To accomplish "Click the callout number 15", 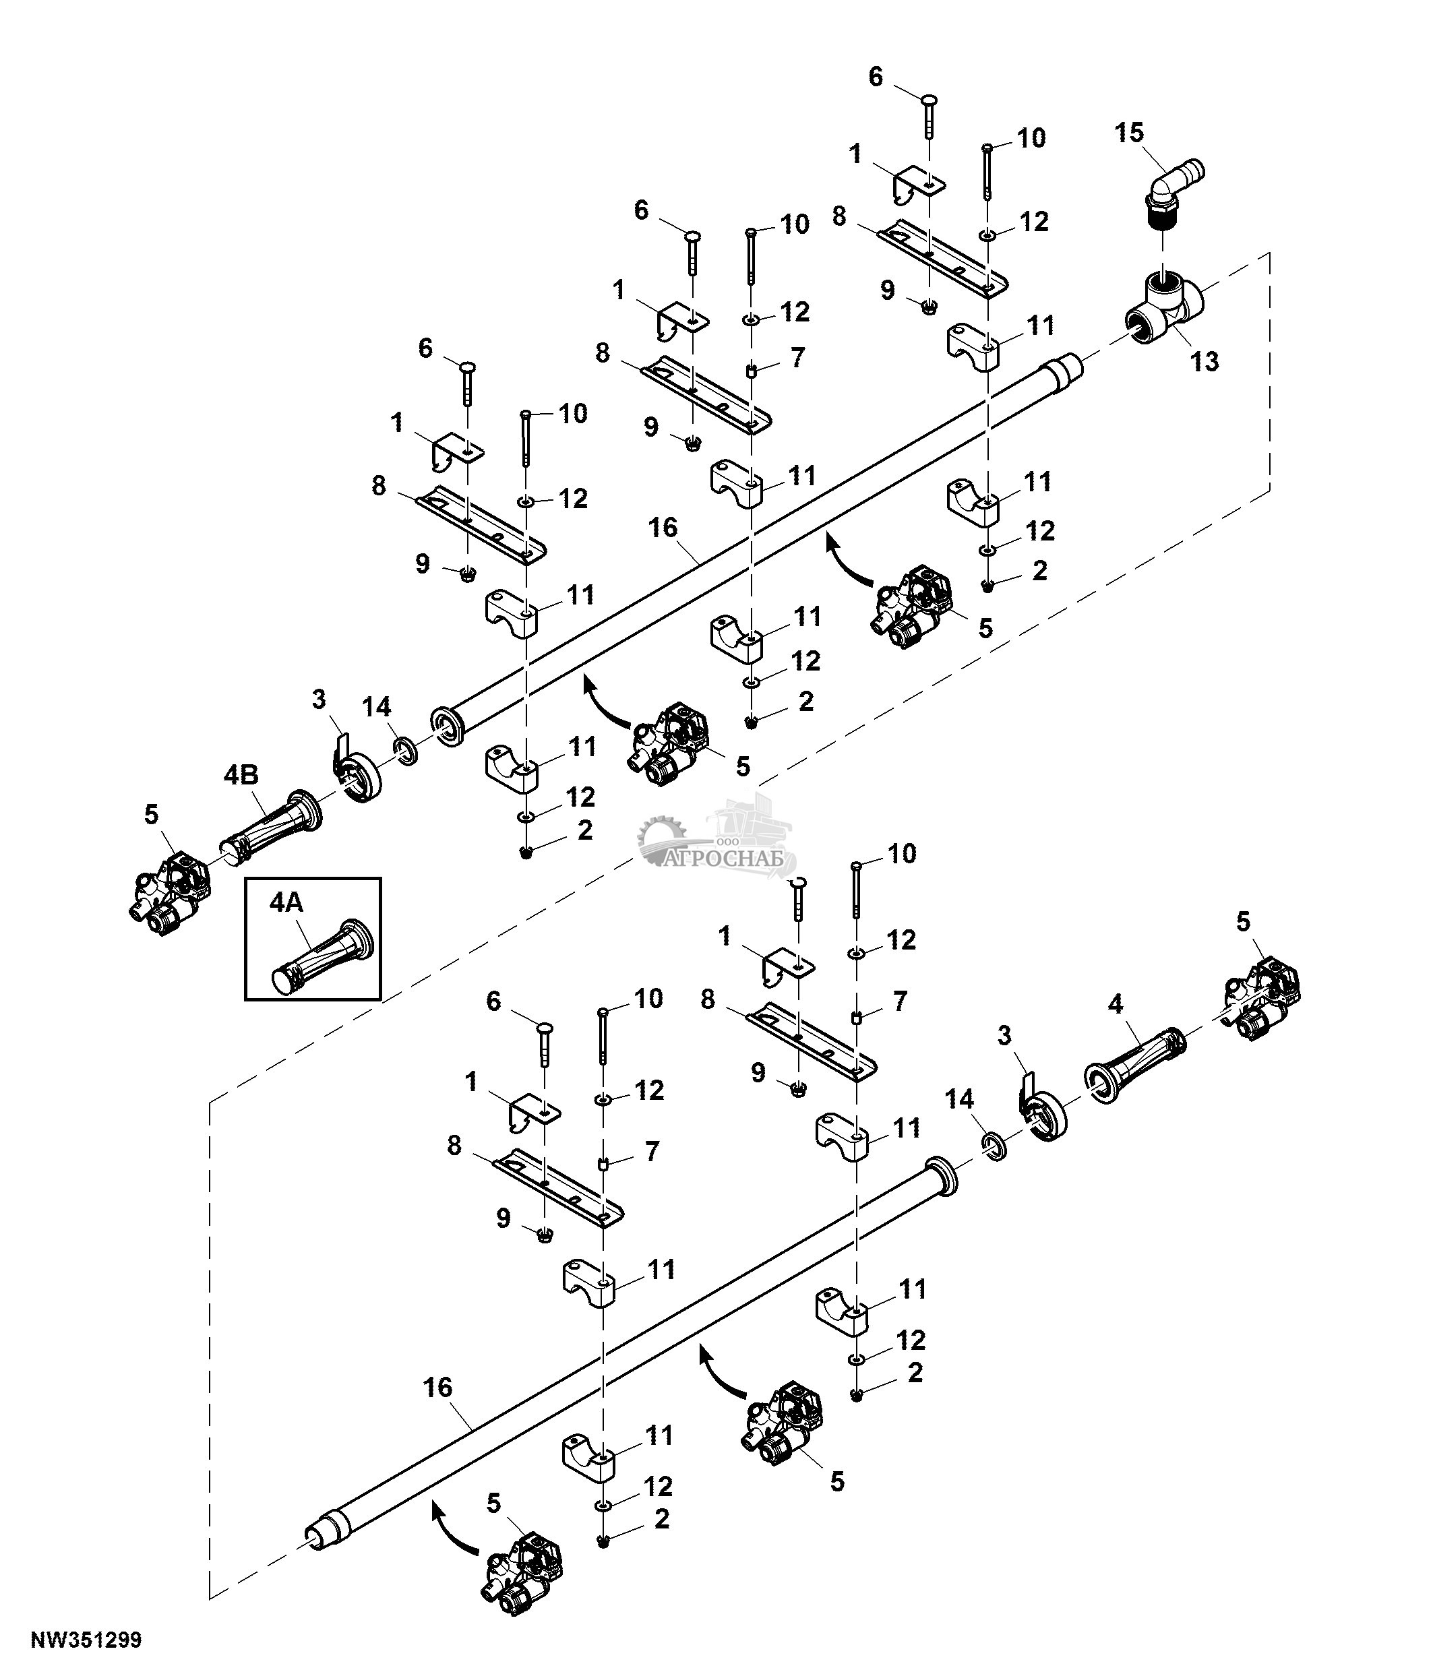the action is click(1130, 132).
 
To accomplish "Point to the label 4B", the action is click(241, 774).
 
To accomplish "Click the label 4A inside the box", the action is click(286, 903).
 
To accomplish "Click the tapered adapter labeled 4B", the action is click(271, 830).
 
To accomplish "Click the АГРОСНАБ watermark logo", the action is click(717, 835).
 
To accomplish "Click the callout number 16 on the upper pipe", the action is click(663, 528).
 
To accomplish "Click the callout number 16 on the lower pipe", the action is click(438, 1388).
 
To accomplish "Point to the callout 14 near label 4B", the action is click(377, 707).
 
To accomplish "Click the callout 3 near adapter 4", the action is click(1004, 1035).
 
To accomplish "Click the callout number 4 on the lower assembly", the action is click(1115, 1004).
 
